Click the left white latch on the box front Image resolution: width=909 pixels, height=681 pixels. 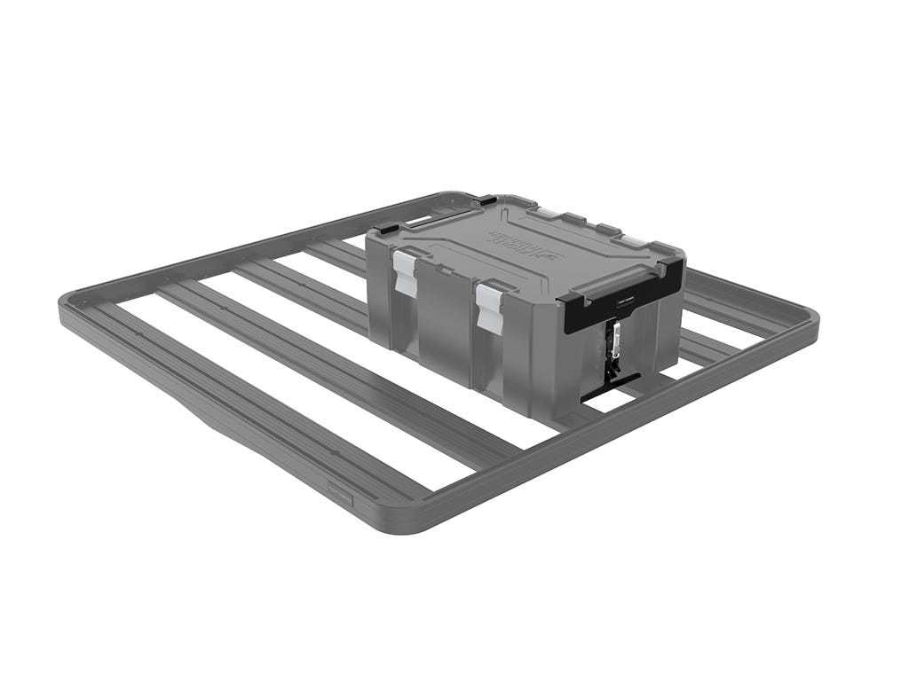click(405, 270)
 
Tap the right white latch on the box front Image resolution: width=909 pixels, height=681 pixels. click(486, 302)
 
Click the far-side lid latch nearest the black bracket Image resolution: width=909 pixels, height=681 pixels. click(636, 241)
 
